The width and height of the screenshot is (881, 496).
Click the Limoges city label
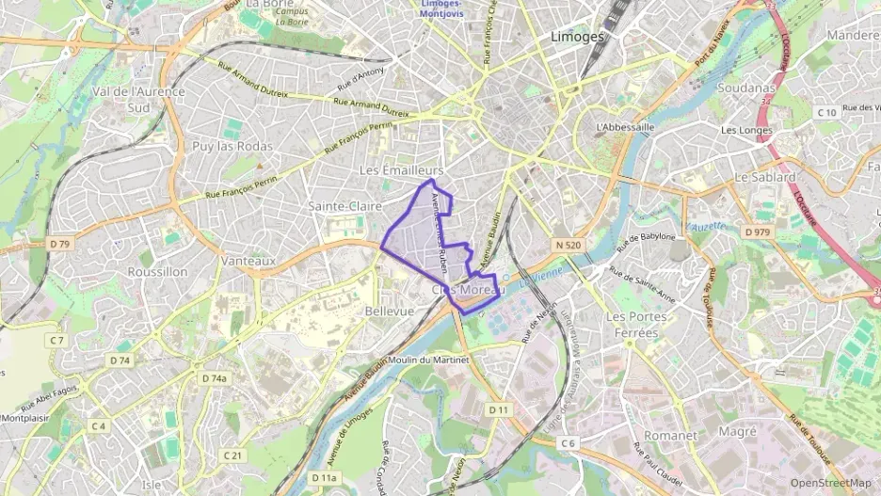point(574,37)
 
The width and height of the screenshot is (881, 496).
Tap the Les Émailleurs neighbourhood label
point(402,169)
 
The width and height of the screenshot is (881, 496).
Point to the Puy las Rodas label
point(232,146)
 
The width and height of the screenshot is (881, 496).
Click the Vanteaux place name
point(248,261)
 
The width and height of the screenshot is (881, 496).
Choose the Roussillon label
point(157,271)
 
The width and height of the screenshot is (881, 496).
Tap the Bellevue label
point(389,311)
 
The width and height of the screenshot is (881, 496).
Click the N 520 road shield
point(569,245)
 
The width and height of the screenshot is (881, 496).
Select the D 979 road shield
point(757,232)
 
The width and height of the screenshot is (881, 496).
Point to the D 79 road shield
point(59,244)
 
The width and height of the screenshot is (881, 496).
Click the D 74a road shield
point(215,378)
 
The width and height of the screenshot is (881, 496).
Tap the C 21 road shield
point(233,456)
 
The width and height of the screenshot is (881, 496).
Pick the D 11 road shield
point(498,410)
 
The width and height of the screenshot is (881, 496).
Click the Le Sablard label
point(765,177)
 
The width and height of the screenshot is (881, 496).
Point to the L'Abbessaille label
point(625,127)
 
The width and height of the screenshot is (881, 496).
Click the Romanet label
point(670,436)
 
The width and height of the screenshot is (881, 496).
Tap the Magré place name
point(737,431)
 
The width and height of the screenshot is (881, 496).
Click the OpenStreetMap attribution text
point(830,483)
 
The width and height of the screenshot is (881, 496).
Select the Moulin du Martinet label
point(431,360)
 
